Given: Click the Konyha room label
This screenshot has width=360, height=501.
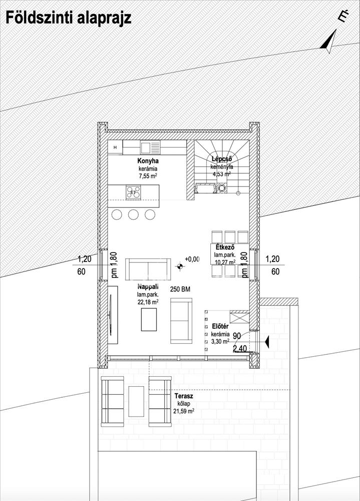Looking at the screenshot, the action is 148,161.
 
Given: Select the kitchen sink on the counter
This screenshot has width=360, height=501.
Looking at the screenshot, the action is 150,148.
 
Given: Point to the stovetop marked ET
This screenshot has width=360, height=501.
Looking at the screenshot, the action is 133,193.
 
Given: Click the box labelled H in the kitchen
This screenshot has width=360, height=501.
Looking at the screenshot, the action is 115,147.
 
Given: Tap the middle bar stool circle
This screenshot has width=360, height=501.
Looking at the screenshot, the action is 133,214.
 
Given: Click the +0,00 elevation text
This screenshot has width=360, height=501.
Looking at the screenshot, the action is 192,259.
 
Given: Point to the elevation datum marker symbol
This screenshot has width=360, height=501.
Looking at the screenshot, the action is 180,266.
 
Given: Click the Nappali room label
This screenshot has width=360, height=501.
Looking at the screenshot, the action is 148,286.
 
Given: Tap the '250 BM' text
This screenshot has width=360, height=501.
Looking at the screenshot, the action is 180,289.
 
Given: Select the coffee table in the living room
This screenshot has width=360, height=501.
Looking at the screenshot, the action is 149,320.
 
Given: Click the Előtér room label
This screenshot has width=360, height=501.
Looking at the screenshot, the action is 220,327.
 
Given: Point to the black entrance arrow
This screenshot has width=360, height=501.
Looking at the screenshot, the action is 267,342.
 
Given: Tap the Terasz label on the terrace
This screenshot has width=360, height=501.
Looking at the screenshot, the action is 184,396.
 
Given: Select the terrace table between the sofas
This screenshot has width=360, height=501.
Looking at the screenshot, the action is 136,401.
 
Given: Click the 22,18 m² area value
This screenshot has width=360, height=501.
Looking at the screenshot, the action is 148,302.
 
